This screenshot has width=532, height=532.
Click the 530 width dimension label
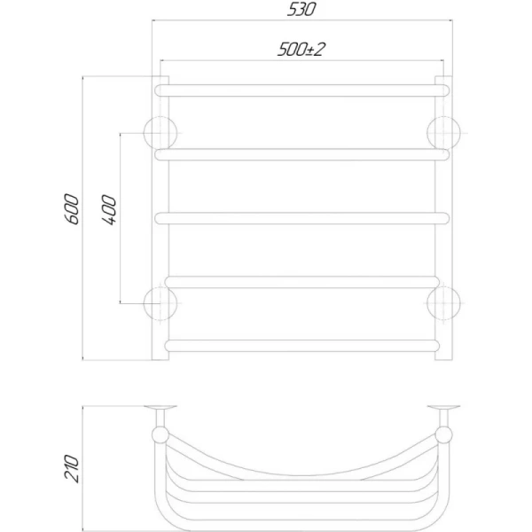point(301,9)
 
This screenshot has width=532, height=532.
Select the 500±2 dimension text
point(301,50)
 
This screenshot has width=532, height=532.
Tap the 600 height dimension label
point(72,209)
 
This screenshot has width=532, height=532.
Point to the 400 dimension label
point(108,209)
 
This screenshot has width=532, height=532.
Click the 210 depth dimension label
point(72,468)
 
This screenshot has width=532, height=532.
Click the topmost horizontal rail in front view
point(302,90)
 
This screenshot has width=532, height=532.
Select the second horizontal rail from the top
point(302,154)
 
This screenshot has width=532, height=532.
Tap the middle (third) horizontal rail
point(302,218)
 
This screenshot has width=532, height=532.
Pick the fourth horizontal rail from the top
point(302,282)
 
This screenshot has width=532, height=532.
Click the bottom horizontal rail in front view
point(302,346)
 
